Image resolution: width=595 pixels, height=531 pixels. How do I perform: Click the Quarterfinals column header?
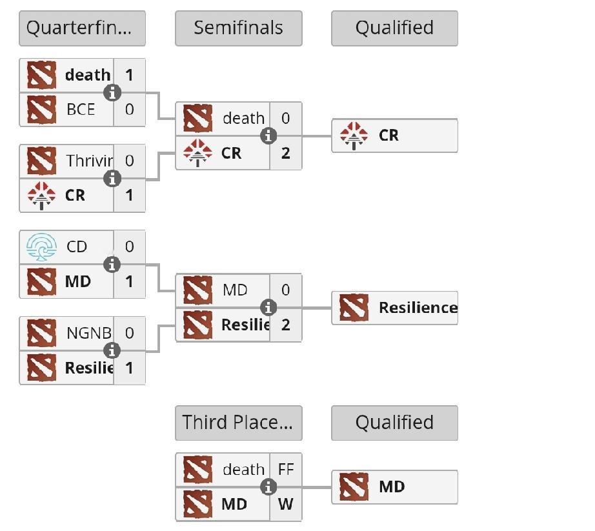pos(82,28)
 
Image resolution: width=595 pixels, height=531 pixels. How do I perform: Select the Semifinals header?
pos(238,28)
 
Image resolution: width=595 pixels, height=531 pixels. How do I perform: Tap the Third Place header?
pos(238,423)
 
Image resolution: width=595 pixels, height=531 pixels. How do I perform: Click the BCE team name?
pos(81,109)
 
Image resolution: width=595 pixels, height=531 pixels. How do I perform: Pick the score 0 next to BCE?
pos(130,109)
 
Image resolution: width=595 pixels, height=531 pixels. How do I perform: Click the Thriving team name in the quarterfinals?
pos(89,161)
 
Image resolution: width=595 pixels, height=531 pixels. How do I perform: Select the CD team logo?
pos(41,247)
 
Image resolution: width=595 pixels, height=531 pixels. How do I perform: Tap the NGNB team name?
pos(88,333)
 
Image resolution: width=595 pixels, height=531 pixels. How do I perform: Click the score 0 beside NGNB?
pos(130,333)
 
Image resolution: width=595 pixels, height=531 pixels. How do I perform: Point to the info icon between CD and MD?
pos(112,265)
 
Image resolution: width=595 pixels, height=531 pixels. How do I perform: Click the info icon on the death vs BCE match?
pos(112,93)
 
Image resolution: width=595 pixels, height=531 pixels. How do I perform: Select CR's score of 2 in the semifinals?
pos(286,153)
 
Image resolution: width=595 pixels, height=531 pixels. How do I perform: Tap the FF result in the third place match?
pos(286,470)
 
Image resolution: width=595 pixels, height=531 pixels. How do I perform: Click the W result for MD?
pos(286,504)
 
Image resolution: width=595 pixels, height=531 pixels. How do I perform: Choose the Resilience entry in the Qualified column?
pos(418,308)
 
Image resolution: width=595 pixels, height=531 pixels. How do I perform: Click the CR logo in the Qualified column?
pos(354,135)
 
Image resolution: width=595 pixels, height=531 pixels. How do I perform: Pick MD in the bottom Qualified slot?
pos(392,486)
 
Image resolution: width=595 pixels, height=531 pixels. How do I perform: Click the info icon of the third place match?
pos(268,487)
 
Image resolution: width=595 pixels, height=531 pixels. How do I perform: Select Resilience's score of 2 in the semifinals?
pos(286,325)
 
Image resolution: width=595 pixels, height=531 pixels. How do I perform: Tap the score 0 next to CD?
pos(130,247)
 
